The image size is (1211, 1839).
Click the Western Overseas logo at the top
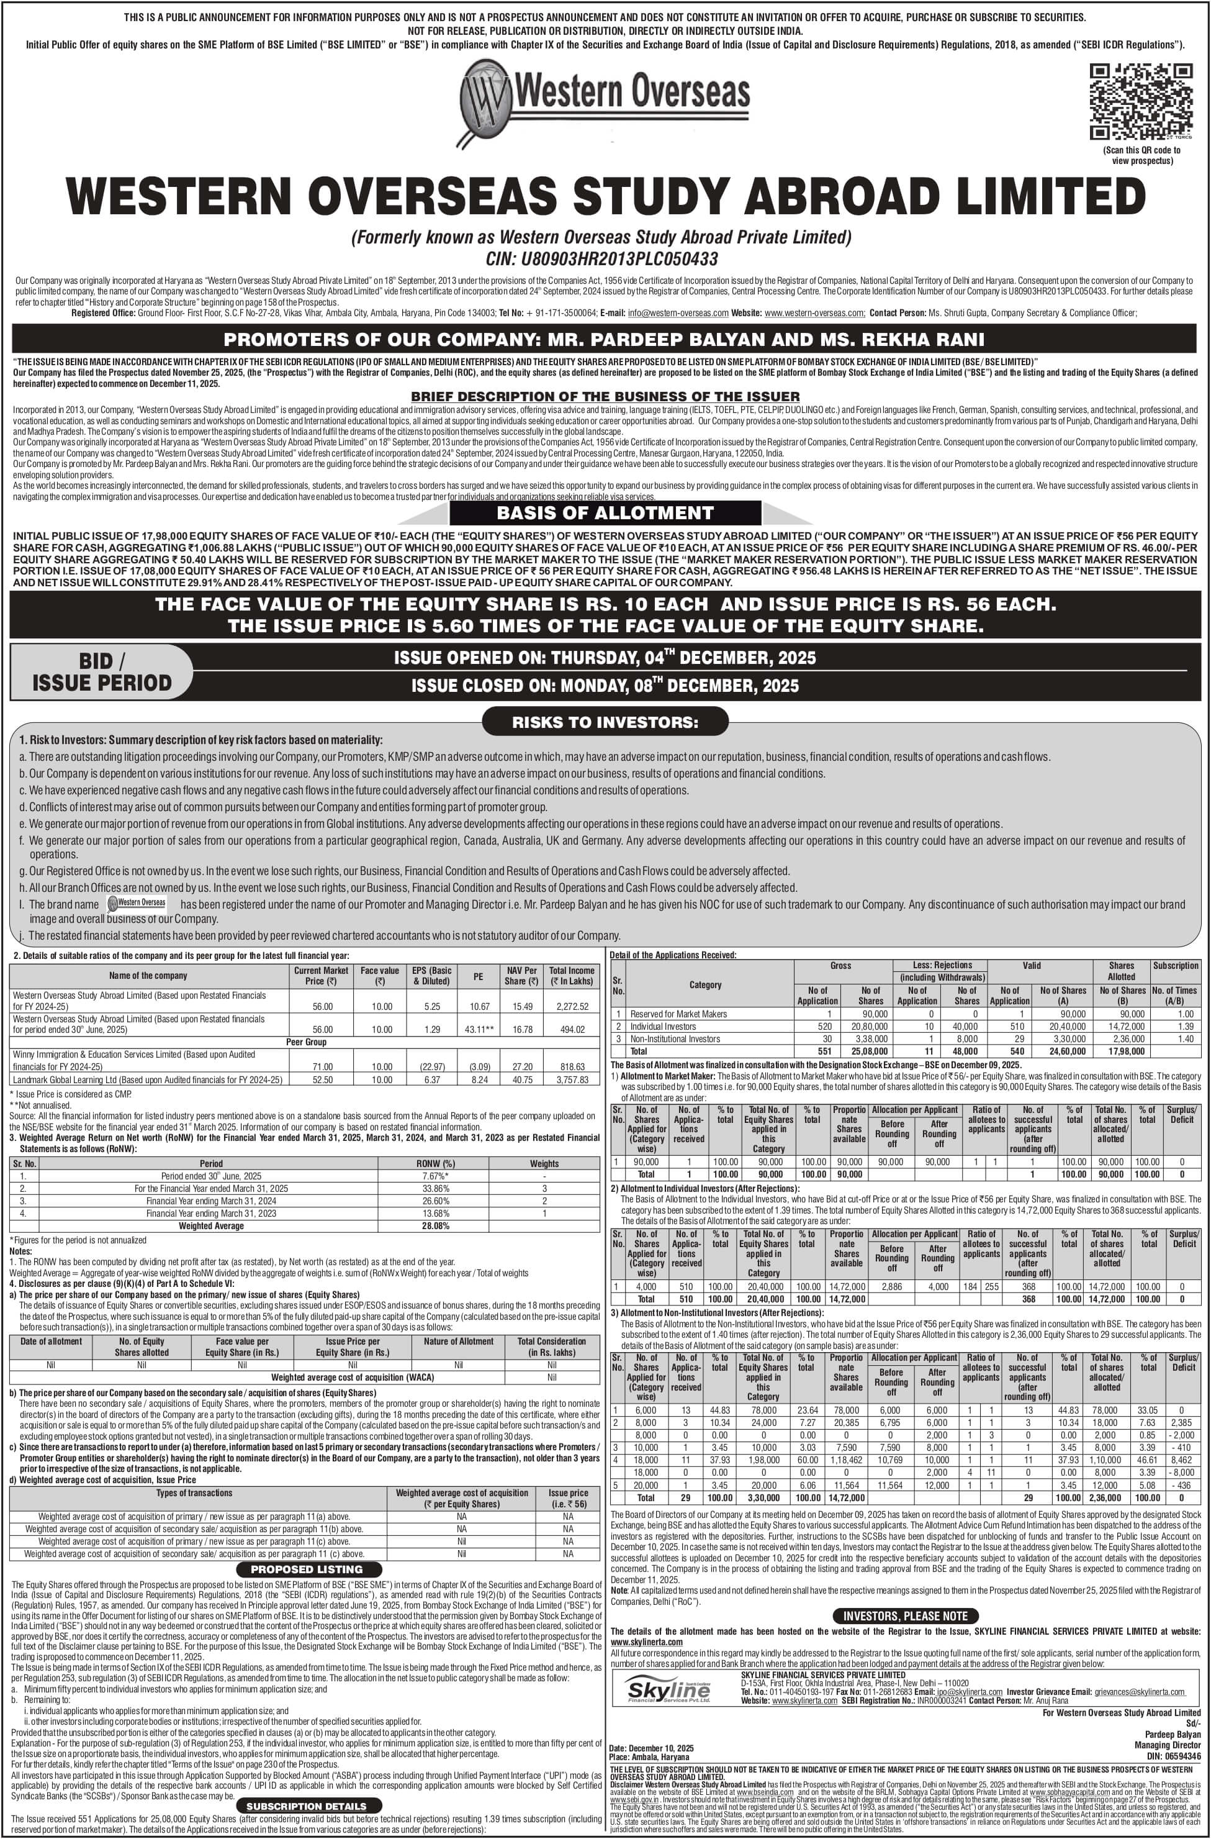tap(605, 99)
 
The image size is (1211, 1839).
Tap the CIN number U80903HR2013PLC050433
tap(603, 258)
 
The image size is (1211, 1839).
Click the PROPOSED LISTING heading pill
tap(307, 1569)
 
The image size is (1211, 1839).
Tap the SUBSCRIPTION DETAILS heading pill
tap(307, 1806)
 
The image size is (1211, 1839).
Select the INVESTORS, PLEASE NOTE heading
tap(905, 1615)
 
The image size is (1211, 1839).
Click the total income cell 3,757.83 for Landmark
tap(572, 1079)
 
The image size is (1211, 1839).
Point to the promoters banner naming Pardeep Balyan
tap(605, 339)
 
